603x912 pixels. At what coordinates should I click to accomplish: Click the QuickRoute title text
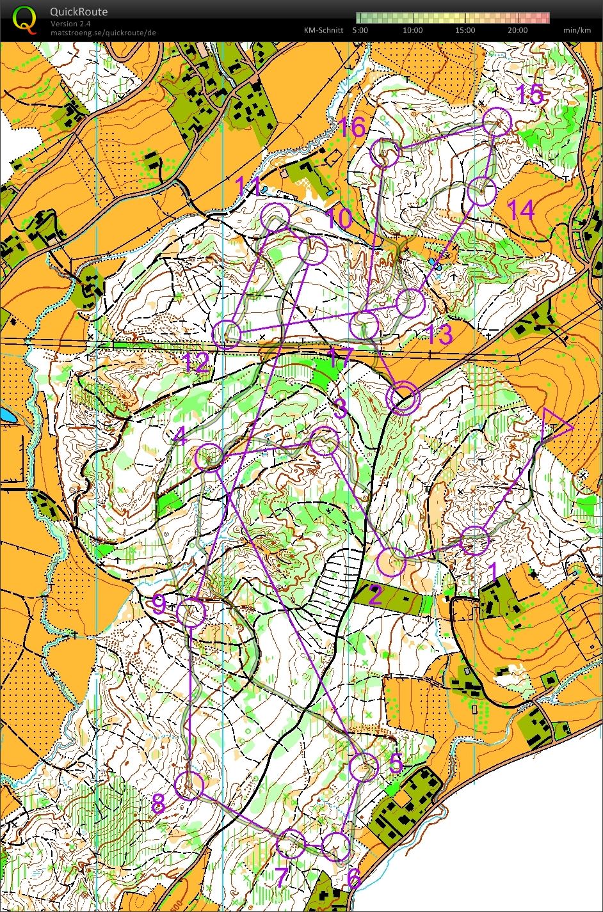[x=79, y=12]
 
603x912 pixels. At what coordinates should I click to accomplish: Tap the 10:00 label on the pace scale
[x=413, y=30]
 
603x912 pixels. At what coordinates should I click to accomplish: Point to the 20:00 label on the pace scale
[x=518, y=30]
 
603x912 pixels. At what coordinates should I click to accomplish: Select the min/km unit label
[x=576, y=30]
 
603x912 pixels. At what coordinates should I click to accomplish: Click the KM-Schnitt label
[x=323, y=30]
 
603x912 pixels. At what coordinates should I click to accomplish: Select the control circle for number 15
[x=497, y=122]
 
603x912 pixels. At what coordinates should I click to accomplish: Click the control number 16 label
[x=351, y=127]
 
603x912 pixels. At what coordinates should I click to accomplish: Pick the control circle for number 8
[x=189, y=785]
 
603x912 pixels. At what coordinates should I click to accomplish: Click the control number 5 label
[x=396, y=762]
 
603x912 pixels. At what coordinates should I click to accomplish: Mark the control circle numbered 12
[x=227, y=334]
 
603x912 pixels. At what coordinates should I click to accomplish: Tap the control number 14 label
[x=520, y=210]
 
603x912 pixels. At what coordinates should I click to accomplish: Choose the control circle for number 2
[x=392, y=562]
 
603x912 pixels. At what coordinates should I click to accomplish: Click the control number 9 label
[x=159, y=604]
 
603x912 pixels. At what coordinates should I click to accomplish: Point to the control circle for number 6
[x=336, y=846]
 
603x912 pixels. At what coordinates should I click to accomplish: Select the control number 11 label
[x=248, y=188]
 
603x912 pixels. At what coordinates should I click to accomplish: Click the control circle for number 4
[x=209, y=457]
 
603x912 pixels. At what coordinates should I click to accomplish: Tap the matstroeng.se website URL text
[x=102, y=33]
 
